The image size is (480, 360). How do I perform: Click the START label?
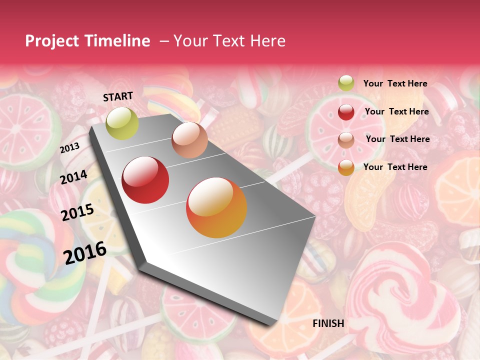pos(118,96)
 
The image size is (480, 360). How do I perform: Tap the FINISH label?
pos(328,323)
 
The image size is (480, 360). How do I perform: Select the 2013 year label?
pos(69,148)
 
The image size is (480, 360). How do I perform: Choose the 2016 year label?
pos(85,252)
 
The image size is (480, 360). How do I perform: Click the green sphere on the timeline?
pos(122,123)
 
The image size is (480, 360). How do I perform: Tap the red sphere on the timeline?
pos(145,179)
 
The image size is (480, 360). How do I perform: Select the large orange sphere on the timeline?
pos(216,207)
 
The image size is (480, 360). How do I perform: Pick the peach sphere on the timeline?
pos(189,140)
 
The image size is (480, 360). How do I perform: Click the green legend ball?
pos(346,83)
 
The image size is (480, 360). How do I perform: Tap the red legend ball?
pos(346,112)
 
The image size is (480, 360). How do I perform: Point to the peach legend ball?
pos(346,139)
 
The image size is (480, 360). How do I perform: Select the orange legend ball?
pos(346,167)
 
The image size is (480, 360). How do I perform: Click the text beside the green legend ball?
pos(395,83)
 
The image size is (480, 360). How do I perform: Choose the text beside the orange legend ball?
pos(395,167)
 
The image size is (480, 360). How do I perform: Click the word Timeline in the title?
pos(116,41)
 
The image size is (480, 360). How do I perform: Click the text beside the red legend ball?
pos(396,111)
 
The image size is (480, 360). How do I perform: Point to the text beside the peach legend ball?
pos(397,139)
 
